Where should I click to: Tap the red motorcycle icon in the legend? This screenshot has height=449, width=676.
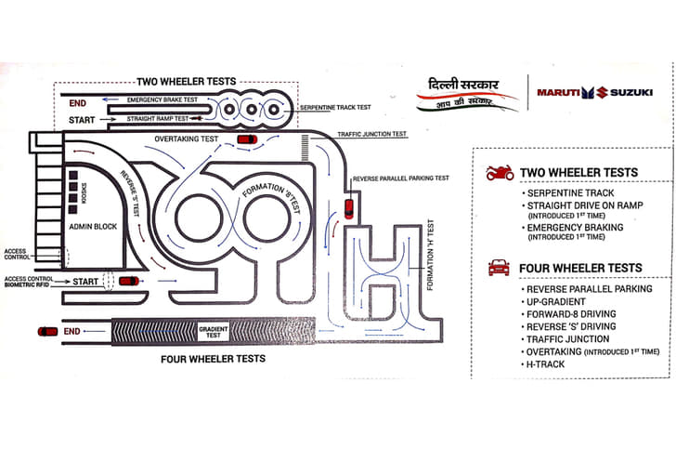tap(500, 173)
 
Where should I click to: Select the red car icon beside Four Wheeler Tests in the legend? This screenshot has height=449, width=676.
tap(499, 268)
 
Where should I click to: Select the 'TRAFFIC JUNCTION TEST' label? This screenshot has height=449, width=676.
tap(371, 134)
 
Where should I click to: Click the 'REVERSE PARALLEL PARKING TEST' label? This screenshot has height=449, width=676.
tap(401, 178)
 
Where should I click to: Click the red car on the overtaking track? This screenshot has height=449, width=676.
tap(247, 139)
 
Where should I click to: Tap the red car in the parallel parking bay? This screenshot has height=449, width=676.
tap(348, 206)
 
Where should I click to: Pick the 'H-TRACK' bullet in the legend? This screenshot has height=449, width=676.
tap(548, 363)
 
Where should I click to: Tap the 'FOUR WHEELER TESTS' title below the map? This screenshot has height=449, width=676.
tap(213, 359)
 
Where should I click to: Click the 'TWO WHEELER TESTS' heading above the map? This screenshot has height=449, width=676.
tap(184, 81)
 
